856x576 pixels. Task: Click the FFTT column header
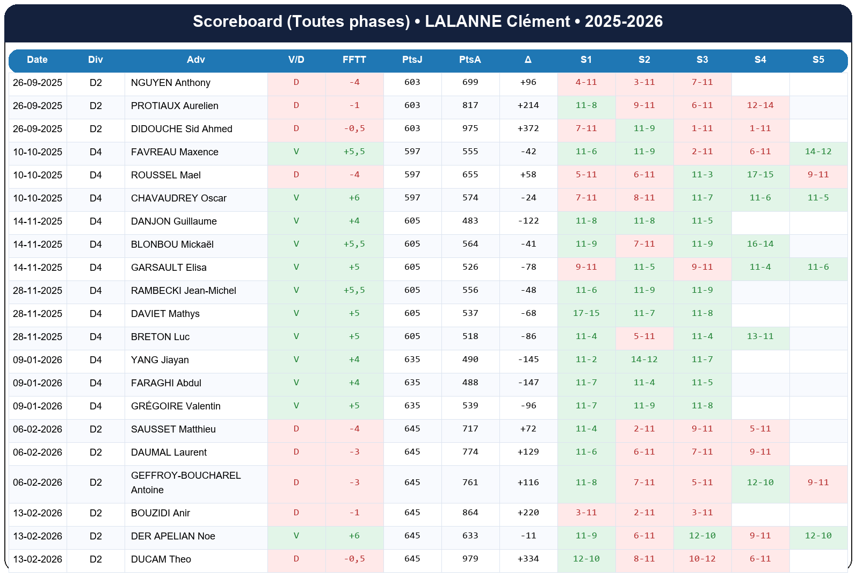(354, 60)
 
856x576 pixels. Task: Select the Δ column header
(528, 60)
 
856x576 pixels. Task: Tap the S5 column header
(818, 60)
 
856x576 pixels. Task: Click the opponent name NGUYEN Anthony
(170, 83)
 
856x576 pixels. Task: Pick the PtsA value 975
(470, 128)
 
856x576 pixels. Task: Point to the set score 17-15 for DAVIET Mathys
(586, 313)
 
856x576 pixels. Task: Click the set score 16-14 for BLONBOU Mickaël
(760, 244)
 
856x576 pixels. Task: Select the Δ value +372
(528, 128)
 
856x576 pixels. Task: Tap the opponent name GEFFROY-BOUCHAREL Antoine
(185, 483)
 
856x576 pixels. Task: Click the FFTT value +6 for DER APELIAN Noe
(354, 536)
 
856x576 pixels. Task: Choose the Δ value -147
(528, 383)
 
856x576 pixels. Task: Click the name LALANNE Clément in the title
(497, 21)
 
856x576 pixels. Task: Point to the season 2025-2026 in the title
(623, 21)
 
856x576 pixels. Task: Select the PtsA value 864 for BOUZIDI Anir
(470, 513)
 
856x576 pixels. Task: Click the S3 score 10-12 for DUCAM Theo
(702, 559)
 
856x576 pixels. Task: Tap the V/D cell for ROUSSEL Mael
(296, 175)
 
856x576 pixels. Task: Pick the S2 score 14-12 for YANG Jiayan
(644, 359)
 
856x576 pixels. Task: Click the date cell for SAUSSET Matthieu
(38, 429)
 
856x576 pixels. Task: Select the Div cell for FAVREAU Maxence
(96, 152)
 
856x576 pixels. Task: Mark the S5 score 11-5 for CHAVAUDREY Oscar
(818, 198)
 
